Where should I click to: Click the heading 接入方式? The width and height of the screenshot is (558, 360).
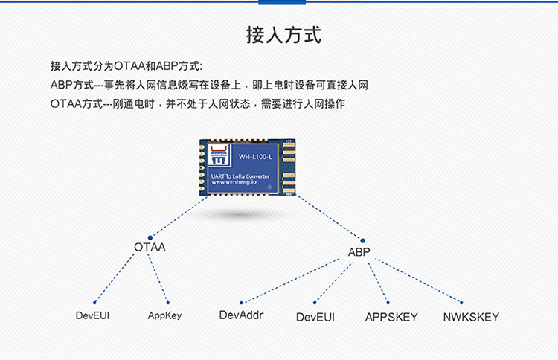pos(284,35)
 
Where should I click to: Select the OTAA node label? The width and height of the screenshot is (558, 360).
pos(150,247)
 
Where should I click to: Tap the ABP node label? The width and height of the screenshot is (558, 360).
pos(359,252)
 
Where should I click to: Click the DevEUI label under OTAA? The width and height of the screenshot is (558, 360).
pos(92,315)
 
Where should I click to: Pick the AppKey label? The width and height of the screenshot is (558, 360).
pos(164,315)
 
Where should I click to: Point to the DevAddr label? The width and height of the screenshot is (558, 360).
pos(241,315)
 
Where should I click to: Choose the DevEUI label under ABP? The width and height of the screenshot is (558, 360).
pos(315,317)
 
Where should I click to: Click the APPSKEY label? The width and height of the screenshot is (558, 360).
pos(391,317)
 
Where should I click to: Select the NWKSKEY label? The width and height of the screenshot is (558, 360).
pos(471,317)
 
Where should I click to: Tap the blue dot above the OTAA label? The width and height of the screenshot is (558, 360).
pos(150,237)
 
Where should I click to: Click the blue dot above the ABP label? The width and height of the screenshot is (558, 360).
pos(362,241)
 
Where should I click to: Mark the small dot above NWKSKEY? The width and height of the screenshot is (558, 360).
pos(461,303)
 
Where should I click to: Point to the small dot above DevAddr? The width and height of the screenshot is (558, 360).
pos(241,303)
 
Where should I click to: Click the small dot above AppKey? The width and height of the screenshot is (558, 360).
pos(167,303)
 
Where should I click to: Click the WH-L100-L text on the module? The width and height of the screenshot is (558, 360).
pos(255,157)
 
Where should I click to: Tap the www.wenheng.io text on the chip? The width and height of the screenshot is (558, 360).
pos(234,182)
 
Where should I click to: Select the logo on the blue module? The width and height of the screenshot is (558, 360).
pos(219,155)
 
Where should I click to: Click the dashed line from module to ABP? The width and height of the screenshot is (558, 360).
pos(329,218)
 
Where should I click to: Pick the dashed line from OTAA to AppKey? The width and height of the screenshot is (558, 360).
pos(158,278)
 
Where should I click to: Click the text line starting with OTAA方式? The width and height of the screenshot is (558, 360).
pos(198,104)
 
